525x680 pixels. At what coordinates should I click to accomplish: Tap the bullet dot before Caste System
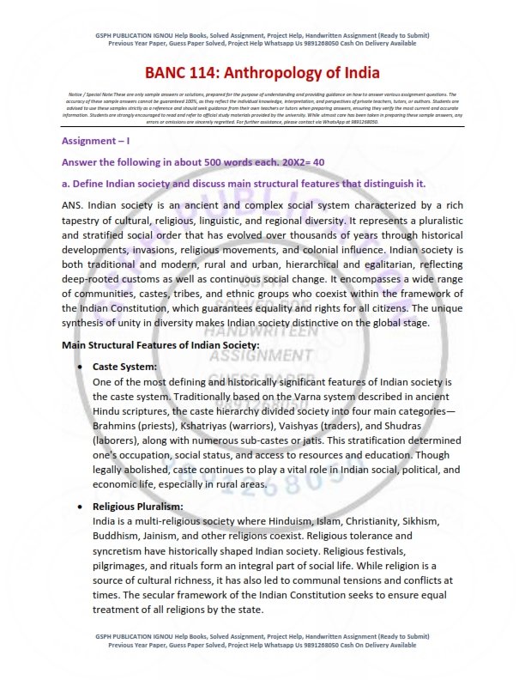[x=80, y=367]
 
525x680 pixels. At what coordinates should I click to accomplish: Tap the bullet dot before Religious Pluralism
[x=80, y=507]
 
